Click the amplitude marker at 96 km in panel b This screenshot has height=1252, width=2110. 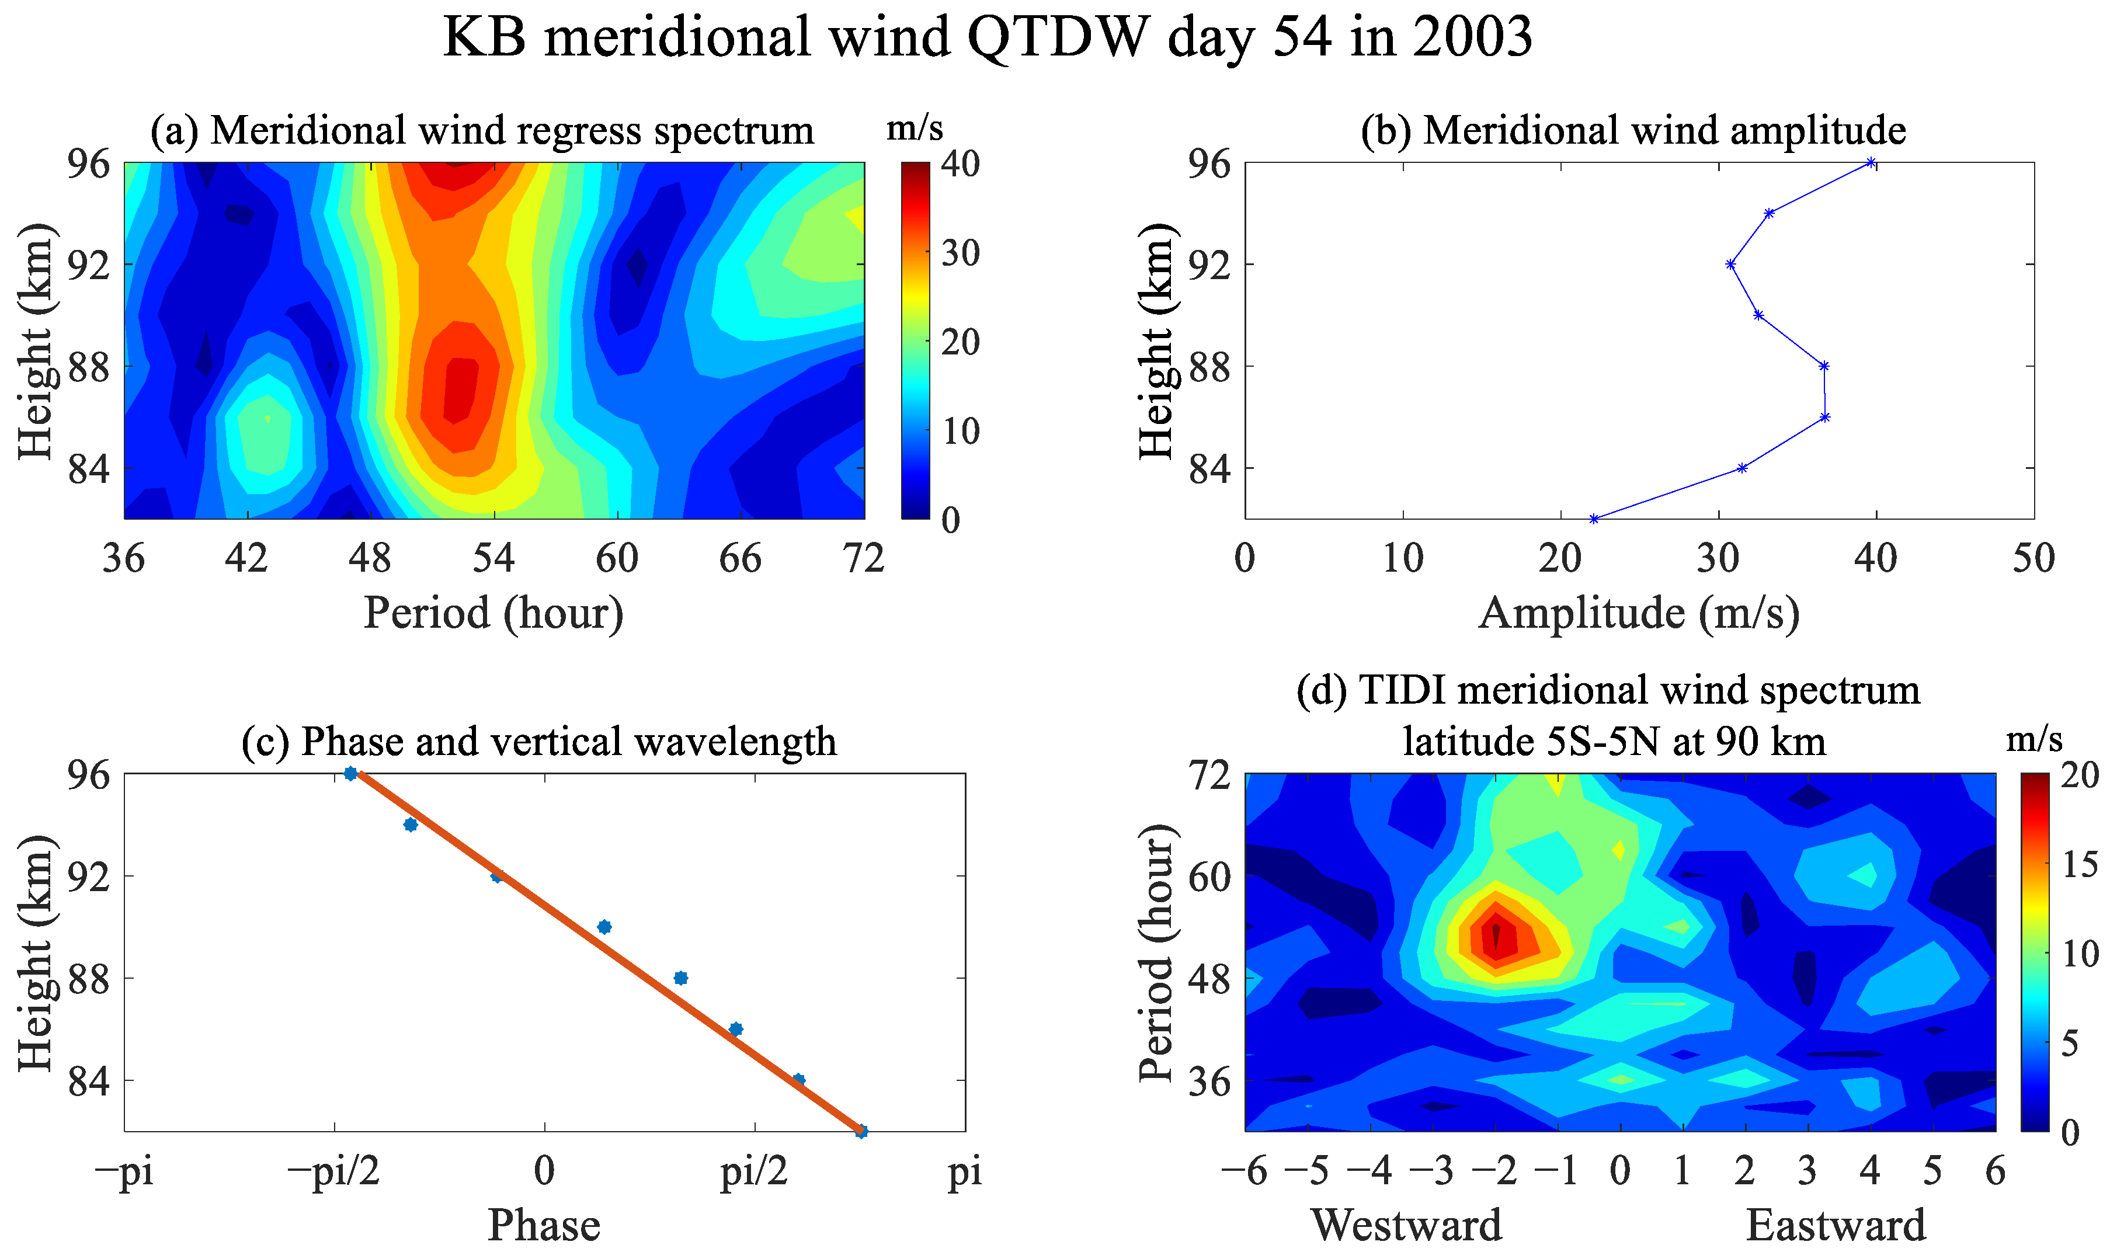click(1871, 163)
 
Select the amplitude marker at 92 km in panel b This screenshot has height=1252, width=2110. click(1730, 264)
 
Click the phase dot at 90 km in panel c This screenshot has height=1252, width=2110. click(604, 927)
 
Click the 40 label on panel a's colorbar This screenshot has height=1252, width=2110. click(960, 164)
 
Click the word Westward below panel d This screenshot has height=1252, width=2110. click(1406, 1225)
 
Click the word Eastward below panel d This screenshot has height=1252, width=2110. click(1836, 1225)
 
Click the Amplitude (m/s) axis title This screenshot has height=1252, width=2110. click(1638, 613)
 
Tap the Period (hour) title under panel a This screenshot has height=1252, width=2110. click(493, 613)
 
